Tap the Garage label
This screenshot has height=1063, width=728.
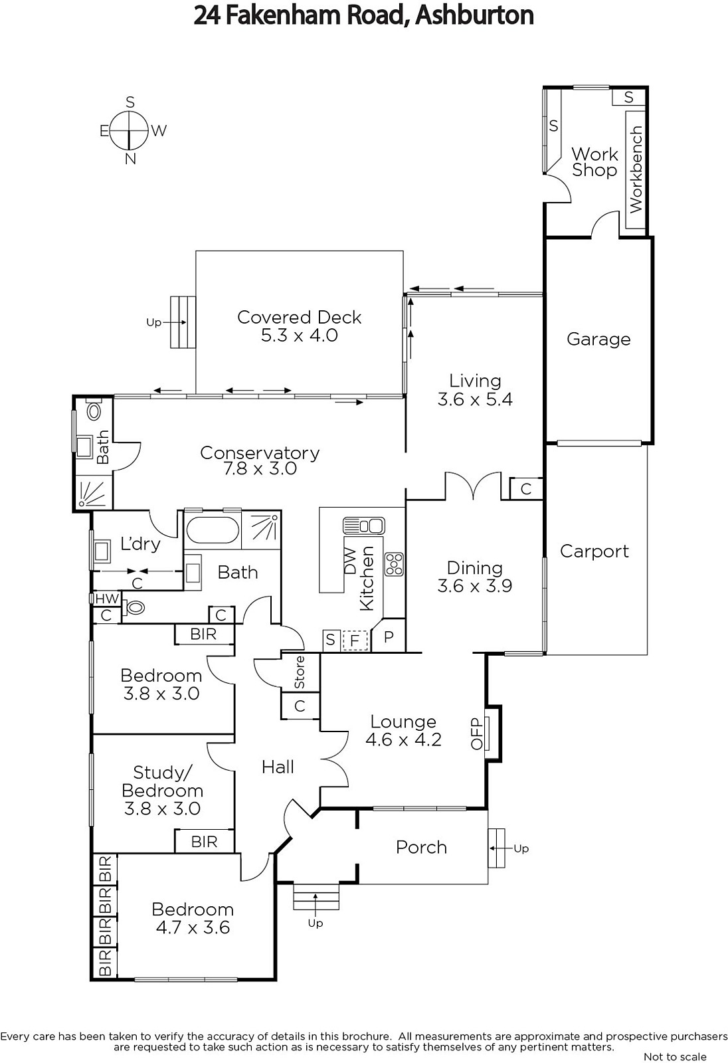tap(598, 339)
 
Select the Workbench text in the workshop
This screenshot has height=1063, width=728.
tap(636, 169)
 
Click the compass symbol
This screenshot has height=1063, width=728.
tap(128, 130)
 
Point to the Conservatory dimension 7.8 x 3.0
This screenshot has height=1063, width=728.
tap(260, 469)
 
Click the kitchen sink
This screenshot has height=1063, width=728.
tap(364, 526)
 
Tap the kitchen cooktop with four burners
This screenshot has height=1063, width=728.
tap(394, 564)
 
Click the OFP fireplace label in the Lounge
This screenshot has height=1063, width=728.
tap(476, 733)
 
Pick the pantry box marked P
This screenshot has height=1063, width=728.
tap(389, 637)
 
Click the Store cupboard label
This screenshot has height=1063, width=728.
tap(300, 672)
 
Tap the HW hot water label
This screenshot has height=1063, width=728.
tap(107, 599)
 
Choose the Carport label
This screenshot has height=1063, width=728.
tap(594, 551)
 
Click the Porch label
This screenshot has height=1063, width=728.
tap(421, 847)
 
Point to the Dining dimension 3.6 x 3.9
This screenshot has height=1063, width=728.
tap(474, 585)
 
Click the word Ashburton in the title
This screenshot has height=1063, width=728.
tap(474, 15)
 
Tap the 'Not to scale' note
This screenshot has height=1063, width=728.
tap(675, 1056)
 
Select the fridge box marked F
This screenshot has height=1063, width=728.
tap(354, 640)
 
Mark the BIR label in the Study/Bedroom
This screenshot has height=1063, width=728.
tap(204, 842)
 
